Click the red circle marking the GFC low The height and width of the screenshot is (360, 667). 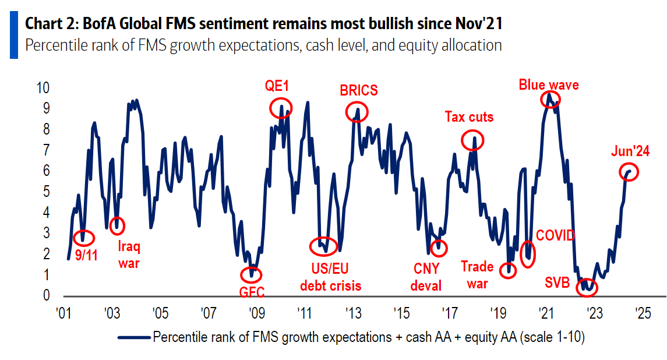(x=251, y=274)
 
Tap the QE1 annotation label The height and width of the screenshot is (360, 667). (x=277, y=87)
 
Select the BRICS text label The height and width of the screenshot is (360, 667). (x=358, y=91)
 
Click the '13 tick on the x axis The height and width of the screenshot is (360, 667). (x=352, y=312)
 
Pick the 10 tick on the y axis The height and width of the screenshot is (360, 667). (x=44, y=88)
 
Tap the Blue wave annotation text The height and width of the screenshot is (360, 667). (x=549, y=85)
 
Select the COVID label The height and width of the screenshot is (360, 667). (x=555, y=235)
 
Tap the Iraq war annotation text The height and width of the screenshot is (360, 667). (x=129, y=255)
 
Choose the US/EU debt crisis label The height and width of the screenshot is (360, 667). (x=330, y=277)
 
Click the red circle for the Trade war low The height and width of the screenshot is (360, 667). (x=508, y=270)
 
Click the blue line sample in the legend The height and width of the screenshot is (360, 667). (x=133, y=337)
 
